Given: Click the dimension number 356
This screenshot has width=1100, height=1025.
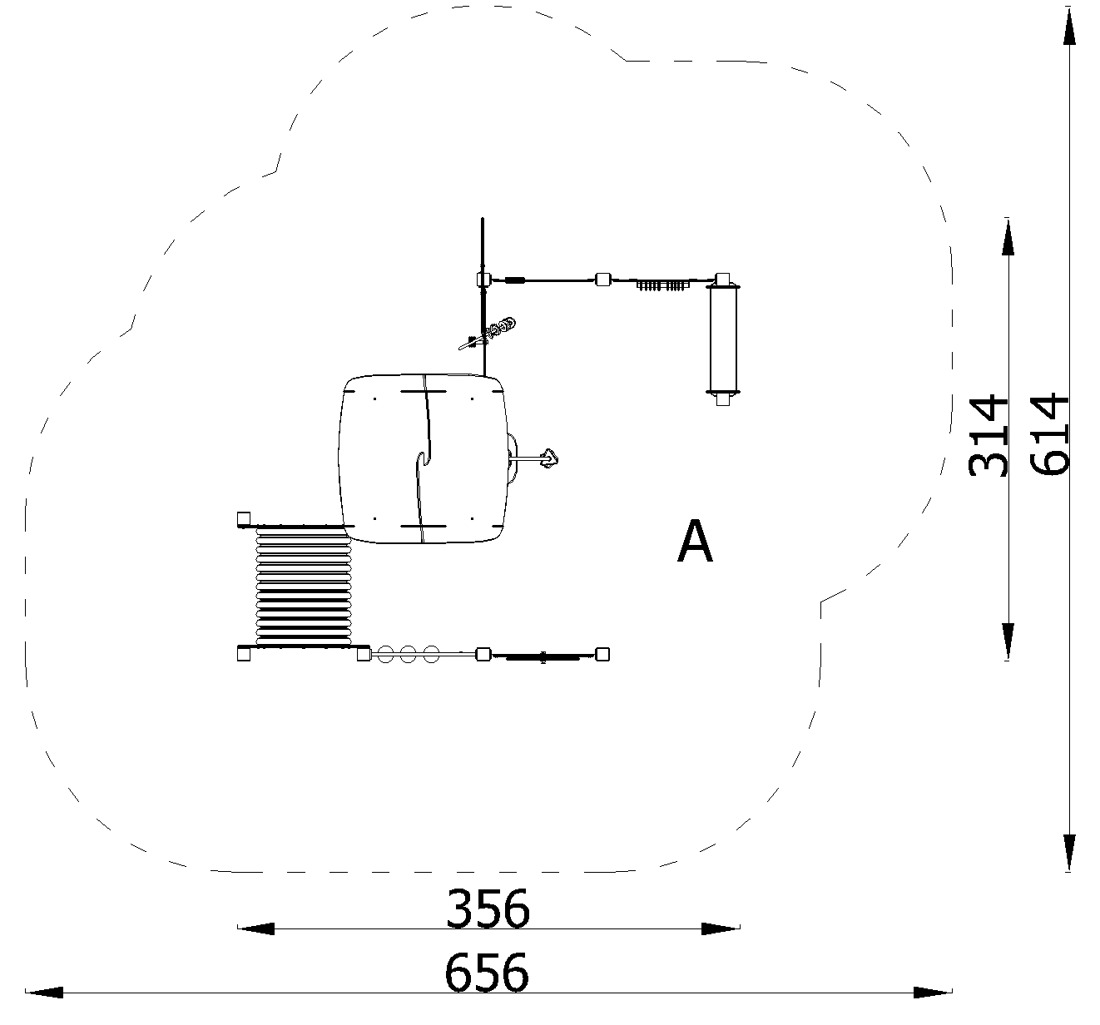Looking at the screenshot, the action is point(488,909).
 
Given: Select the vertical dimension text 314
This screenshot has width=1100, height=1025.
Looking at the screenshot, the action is point(989,435).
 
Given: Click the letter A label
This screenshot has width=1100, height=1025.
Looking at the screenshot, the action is point(695,542).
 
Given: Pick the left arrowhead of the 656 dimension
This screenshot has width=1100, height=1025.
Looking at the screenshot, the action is point(44,993).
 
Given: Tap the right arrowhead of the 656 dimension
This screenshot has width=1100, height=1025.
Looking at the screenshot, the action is point(934,993).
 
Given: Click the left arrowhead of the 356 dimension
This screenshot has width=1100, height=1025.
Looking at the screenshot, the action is point(256,928).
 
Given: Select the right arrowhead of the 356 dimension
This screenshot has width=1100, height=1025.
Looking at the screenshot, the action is point(721,928).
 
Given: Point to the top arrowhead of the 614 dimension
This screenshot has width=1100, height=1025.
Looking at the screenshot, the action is point(1069,26).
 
